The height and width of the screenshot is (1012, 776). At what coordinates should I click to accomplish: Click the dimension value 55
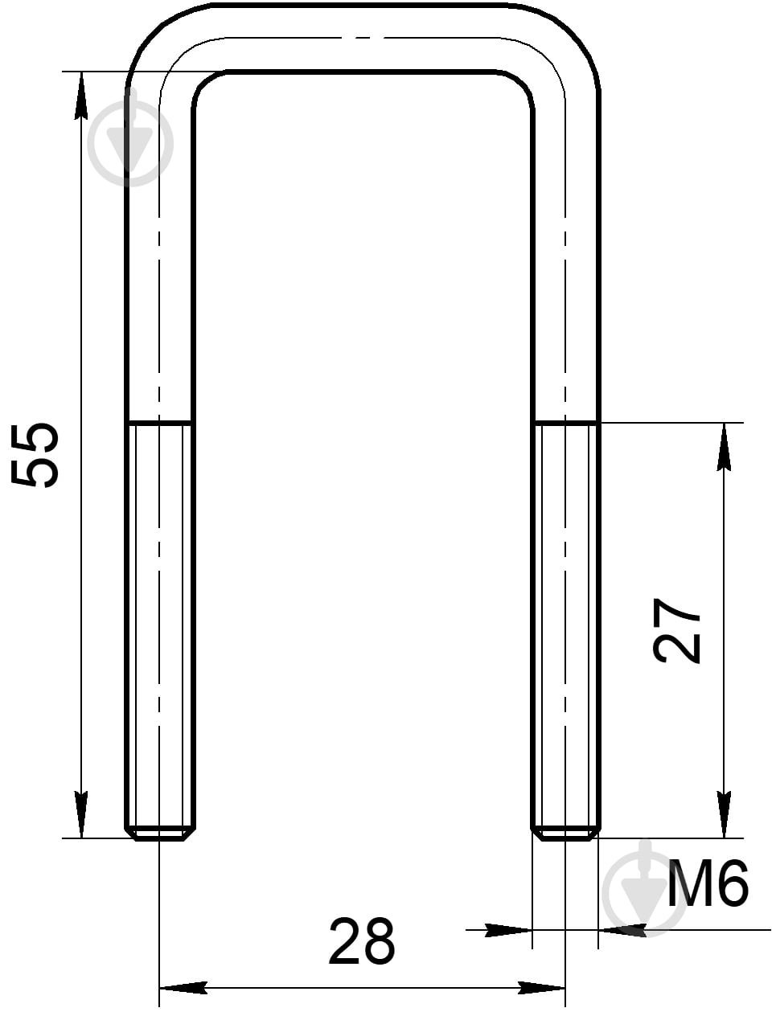(35, 456)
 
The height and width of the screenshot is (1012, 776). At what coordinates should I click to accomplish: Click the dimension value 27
(677, 630)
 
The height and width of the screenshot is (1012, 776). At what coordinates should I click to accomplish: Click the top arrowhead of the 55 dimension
(81, 96)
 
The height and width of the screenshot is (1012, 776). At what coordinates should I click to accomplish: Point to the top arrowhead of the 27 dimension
(724, 447)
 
